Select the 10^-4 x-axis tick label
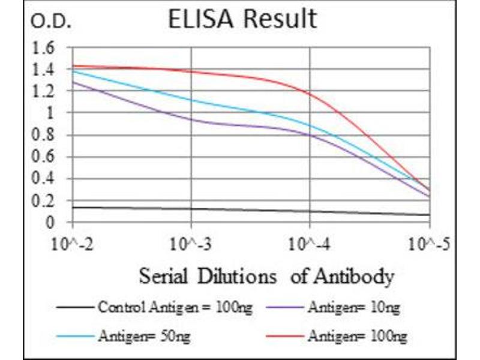pos(310,244)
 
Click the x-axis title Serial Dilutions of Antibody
pos(266,277)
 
